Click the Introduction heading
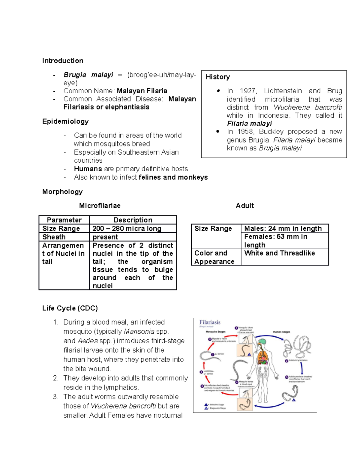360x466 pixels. click(x=63, y=61)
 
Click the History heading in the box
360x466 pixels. click(x=218, y=77)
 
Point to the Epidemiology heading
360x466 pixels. click(x=65, y=121)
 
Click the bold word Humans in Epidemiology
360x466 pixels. click(x=88, y=169)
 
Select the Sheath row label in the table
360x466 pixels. click(x=54, y=237)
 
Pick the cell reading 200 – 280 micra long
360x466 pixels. click(x=127, y=229)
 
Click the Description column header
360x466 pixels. click(x=133, y=220)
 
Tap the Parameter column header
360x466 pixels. click(x=64, y=220)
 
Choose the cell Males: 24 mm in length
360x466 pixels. click(x=283, y=229)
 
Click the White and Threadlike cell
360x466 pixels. click(x=280, y=253)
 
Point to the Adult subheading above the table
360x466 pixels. click(x=245, y=206)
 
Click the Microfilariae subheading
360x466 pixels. click(x=100, y=206)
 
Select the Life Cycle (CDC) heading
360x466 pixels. click(x=70, y=308)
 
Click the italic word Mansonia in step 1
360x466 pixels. click(x=139, y=332)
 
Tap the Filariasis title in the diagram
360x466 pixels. click(x=210, y=322)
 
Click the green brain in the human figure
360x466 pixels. click(x=262, y=342)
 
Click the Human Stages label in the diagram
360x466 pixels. click(x=281, y=332)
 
